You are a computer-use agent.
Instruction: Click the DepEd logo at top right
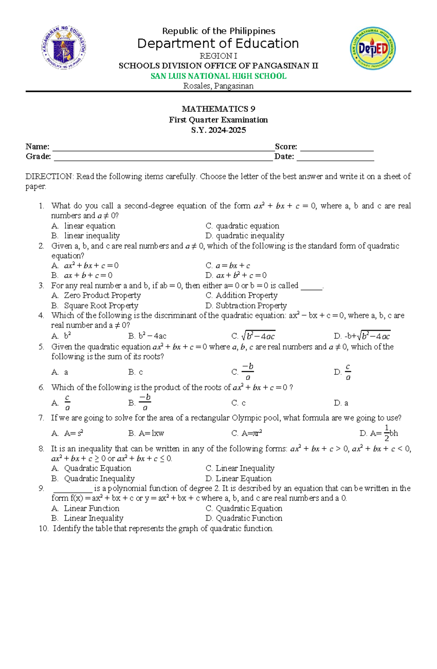373,49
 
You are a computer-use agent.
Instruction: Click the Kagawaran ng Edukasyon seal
64,48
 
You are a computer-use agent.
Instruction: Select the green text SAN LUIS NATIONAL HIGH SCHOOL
219,76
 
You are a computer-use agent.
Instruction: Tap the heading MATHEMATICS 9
219,109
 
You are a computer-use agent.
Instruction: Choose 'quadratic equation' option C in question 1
247,226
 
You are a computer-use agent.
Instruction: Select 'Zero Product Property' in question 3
102,295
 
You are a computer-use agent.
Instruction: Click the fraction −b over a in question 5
248,372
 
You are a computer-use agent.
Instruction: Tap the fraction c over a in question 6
67,402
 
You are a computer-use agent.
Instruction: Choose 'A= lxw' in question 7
151,433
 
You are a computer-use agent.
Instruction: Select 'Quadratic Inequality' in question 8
99,478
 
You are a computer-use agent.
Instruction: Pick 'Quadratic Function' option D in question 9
249,518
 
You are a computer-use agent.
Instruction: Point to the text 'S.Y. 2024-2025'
219,130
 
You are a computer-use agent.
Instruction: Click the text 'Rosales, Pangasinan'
219,86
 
